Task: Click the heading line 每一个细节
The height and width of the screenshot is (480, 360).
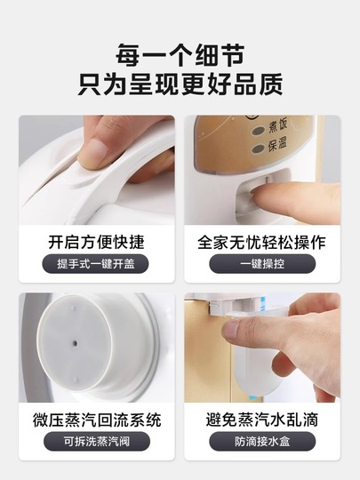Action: [x=180, y=55]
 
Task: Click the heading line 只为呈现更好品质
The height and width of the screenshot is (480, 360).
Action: [x=180, y=84]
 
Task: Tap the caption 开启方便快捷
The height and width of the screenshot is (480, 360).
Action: [x=96, y=242]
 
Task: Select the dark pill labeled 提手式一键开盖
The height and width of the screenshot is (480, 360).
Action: [x=95, y=264]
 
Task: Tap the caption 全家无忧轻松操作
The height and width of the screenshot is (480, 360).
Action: [x=261, y=242]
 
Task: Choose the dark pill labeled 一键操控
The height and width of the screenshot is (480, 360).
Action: [x=262, y=264]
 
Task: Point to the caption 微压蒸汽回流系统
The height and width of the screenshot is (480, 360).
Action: [x=97, y=420]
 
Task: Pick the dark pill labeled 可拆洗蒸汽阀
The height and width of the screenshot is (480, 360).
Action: [x=97, y=441]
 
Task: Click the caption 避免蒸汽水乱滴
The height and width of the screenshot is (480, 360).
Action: [x=262, y=420]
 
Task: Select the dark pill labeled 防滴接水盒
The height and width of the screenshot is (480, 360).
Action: [x=262, y=441]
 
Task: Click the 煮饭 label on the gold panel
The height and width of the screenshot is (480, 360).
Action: [x=277, y=126]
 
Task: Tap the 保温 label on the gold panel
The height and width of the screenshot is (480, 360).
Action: [x=277, y=144]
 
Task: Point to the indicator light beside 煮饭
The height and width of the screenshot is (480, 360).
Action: [x=258, y=131]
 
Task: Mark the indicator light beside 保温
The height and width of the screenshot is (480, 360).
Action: [x=258, y=149]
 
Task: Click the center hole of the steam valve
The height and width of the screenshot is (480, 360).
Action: [x=74, y=343]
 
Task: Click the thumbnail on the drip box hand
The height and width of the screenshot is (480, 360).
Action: [x=232, y=329]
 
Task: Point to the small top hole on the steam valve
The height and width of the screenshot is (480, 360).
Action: [x=73, y=307]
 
